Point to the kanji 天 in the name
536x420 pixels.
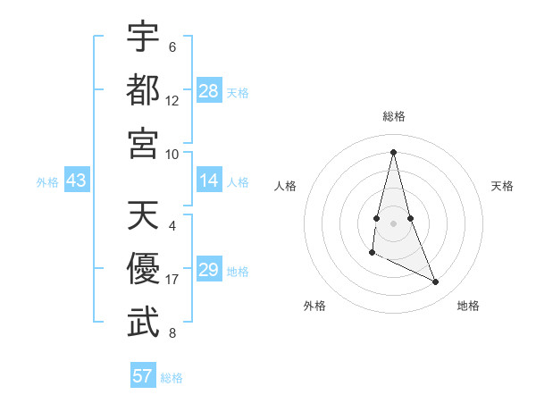coord(143,215)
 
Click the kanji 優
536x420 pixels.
coord(143,269)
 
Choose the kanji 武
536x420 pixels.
coord(143,323)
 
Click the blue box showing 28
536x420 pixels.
coord(209,91)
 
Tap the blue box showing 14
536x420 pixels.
coord(209,181)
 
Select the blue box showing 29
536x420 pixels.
coord(209,270)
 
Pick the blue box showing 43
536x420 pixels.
coord(77,181)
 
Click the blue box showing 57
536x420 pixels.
coord(143,375)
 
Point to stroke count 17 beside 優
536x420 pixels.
coord(172,280)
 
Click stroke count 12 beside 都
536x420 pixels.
coord(172,100)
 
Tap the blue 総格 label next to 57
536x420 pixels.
coord(172,377)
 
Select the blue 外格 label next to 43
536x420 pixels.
coord(47,182)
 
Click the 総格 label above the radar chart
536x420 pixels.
coord(393,116)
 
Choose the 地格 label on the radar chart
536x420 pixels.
coord(468,306)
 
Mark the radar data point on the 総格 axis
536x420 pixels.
coord(393,151)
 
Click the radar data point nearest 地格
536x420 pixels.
coord(436,281)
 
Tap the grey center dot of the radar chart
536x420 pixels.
coord(393,210)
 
